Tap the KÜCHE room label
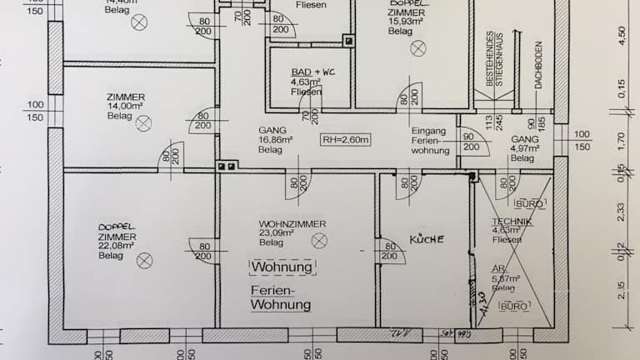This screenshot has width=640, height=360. [x=427, y=239]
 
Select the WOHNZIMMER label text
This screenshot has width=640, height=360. [x=292, y=224]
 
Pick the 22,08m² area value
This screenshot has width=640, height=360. [x=116, y=246]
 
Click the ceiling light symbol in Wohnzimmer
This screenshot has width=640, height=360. [x=318, y=240]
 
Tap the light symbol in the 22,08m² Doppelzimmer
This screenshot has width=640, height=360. [x=146, y=259]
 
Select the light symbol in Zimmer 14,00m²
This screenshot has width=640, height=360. [x=144, y=123]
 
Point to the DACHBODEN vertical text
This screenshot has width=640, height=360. [x=539, y=65]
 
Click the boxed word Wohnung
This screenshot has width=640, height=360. [x=282, y=267]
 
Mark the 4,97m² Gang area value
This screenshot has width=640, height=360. [x=526, y=148]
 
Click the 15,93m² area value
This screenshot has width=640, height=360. [x=404, y=21]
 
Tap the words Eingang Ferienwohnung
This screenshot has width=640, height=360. [x=431, y=141]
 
